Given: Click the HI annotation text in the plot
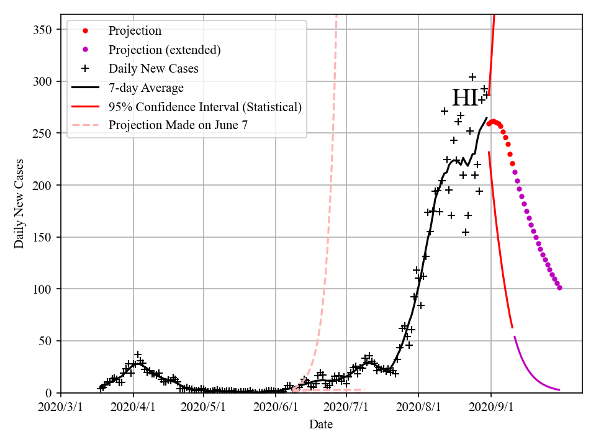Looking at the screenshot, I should (x=465, y=99).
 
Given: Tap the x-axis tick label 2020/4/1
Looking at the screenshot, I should (x=132, y=407).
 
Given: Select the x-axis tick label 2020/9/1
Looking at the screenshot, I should (x=491, y=407).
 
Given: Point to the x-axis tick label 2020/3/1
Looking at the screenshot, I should (x=61, y=407).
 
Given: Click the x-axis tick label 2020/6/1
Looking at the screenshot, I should (x=275, y=407).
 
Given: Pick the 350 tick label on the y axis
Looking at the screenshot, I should (x=43, y=30).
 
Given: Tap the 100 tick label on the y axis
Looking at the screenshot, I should (x=43, y=289).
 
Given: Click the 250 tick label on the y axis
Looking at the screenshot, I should (x=43, y=133).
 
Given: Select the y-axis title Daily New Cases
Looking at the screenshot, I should (x=19, y=203).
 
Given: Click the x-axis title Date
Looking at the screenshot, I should (x=321, y=425).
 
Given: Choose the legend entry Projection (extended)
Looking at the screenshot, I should (x=165, y=50).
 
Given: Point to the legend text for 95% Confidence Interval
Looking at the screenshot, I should (x=205, y=106).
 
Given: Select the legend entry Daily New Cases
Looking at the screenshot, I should (x=153, y=68).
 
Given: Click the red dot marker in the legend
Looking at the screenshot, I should (x=85, y=30).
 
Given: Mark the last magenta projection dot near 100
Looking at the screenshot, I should (x=560, y=288).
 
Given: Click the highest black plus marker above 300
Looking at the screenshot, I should (x=472, y=77).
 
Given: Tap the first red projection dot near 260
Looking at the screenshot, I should (x=489, y=124).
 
